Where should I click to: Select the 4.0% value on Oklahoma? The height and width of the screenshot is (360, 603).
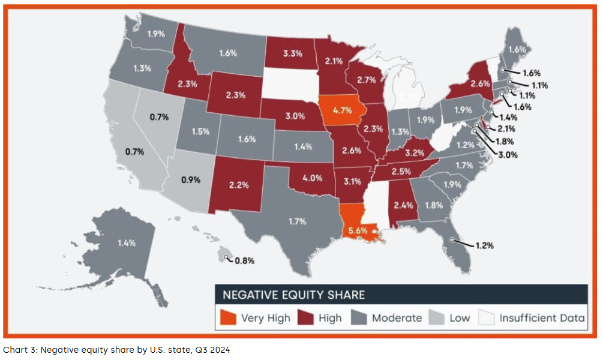312,178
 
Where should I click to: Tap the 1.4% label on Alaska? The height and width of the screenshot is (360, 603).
126,243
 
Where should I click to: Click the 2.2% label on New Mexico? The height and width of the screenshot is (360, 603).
238,185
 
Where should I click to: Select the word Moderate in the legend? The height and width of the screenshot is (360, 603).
396,318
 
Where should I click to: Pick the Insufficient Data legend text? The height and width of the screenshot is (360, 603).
542,318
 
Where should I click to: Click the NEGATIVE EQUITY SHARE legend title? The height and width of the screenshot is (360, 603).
294,295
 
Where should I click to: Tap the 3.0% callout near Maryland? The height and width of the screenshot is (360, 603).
506,154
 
